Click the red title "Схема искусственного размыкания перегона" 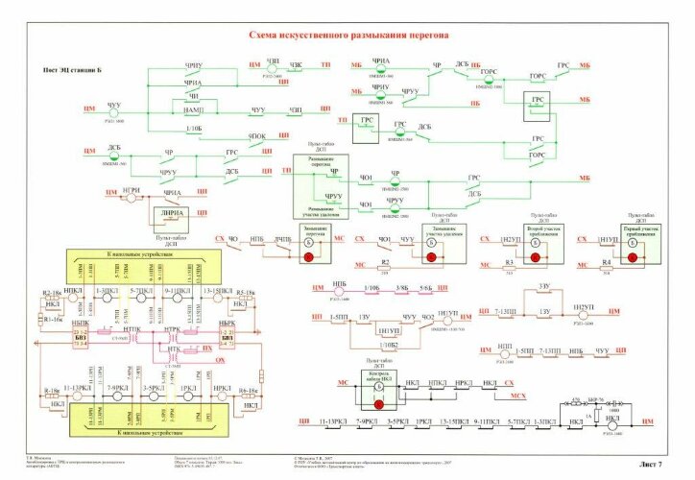coord(348,36)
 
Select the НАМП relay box coord(200,110)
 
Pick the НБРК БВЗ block coord(227,330)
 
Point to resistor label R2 coord(385,262)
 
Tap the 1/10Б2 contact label coord(386,342)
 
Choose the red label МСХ coord(519,396)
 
